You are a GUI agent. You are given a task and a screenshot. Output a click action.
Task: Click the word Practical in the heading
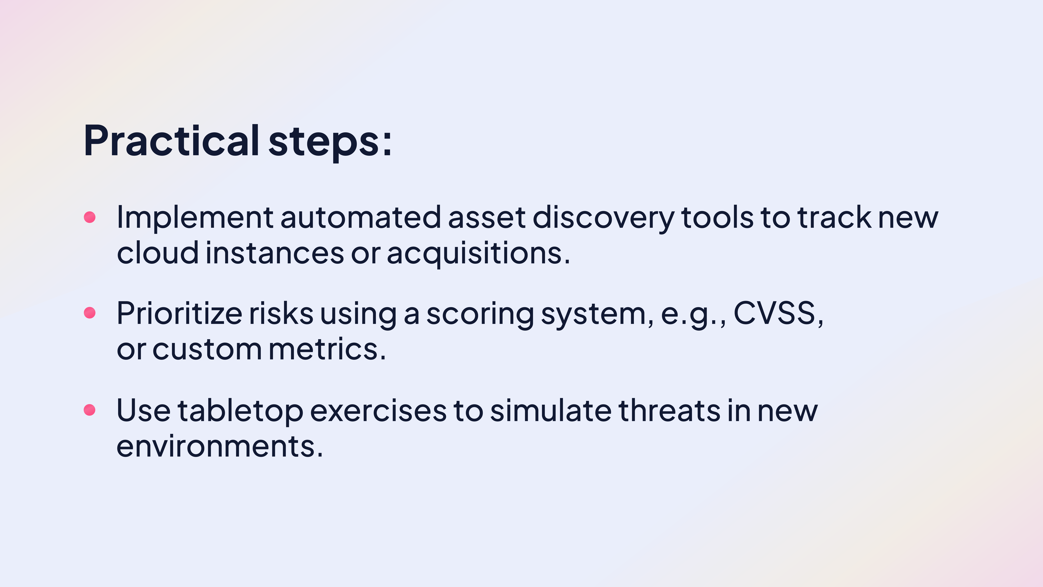(171, 141)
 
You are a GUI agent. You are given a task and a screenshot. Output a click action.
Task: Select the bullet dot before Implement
(89, 217)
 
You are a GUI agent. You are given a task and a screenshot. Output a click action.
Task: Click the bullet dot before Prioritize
(89, 313)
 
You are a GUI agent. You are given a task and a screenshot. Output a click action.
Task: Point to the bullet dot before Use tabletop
(89, 410)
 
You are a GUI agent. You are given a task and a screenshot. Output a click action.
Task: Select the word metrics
(324, 349)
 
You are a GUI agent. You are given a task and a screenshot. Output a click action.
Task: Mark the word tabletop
(240, 411)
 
